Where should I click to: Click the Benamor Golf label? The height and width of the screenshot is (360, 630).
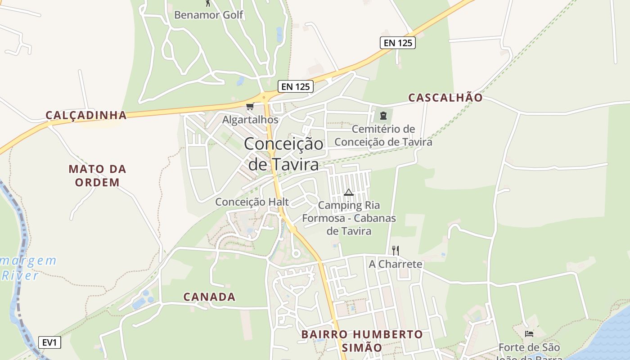pos(208,15)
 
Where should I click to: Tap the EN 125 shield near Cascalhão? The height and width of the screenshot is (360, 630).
pos(397,43)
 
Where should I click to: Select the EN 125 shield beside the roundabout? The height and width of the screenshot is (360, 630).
pos(295,86)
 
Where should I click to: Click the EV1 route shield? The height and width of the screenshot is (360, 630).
pos(49,342)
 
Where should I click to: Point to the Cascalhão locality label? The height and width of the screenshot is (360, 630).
pos(445,98)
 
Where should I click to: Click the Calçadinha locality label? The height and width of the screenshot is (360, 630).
pos(86,115)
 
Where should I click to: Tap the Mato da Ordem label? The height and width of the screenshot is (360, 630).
pos(97,175)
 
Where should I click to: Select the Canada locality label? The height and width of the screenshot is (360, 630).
pos(209,297)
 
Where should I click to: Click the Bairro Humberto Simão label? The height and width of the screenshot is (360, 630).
pos(362,341)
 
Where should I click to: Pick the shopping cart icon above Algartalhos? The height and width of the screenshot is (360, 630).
pos(250,107)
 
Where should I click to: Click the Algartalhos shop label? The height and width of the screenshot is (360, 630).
pos(250,120)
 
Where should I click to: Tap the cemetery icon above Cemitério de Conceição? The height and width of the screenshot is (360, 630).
pos(383,116)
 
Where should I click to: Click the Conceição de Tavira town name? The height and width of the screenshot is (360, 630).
pos(283,154)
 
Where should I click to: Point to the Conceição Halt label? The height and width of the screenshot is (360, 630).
pos(252,202)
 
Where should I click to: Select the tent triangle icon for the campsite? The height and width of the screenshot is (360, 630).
pos(349,193)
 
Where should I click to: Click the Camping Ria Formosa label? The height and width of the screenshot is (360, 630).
pos(349,218)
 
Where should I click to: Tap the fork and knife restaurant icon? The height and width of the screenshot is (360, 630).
pos(396,250)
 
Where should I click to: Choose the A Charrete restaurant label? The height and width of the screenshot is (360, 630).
pos(396,264)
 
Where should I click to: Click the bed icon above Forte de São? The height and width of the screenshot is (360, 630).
pos(529,334)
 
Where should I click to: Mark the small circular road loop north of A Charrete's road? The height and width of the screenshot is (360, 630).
pos(296,254)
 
